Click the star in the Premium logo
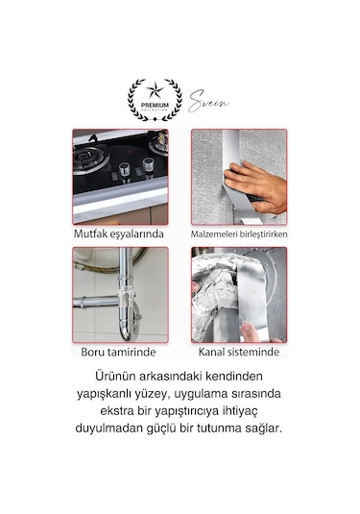pyautogui.click(x=155, y=93)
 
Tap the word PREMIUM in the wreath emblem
pyautogui.click(x=155, y=104)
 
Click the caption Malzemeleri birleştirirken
pyautogui.click(x=240, y=233)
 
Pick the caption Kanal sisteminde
pyautogui.click(x=239, y=353)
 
